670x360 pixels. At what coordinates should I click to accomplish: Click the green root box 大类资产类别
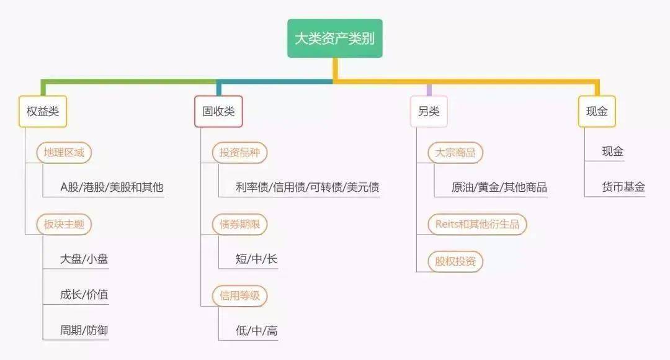coord(334,38)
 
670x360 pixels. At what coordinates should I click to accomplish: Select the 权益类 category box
coord(43,112)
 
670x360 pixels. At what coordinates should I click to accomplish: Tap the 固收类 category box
coord(218,112)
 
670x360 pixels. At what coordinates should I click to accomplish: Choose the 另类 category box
coord(429,112)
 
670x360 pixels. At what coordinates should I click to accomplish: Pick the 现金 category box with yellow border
coord(597,112)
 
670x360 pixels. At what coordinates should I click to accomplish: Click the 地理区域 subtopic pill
coord(64,153)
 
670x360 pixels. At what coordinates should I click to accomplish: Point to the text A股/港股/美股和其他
coord(112,187)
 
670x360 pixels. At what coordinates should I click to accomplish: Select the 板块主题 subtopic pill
coord(64,224)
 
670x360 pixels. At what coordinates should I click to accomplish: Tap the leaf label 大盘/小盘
coord(84,259)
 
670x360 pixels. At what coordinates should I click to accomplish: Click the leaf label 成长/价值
coord(84,294)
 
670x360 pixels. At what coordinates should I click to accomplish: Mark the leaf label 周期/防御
coord(84,330)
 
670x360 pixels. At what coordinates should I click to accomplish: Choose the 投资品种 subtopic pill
coord(239,153)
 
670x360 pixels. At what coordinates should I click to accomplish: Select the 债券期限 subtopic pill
coord(239,224)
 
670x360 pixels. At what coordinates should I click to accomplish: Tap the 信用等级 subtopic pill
coord(239,295)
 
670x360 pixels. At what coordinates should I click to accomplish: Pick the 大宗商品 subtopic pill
coord(455,153)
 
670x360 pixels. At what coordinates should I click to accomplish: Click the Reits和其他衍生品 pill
coord(477,224)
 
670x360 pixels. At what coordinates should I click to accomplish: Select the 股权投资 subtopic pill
coord(455,261)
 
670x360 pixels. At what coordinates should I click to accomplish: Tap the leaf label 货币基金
coord(623,187)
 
